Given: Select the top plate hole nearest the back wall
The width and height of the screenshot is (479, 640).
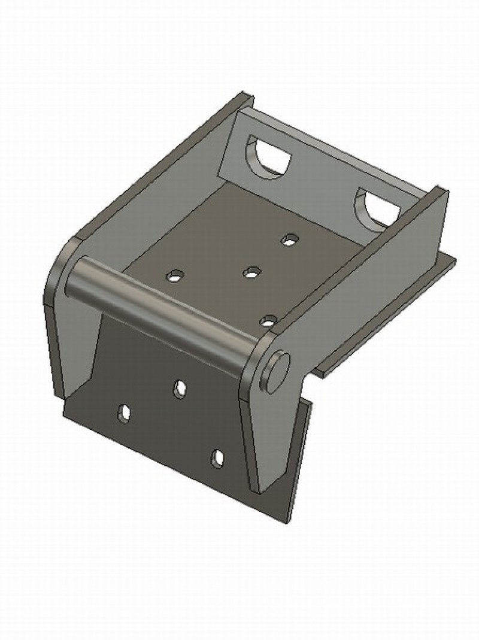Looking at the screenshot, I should (x=290, y=240).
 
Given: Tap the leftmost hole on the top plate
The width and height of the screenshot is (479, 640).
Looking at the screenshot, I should (x=175, y=276).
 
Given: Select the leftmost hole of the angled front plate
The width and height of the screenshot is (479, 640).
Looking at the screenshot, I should (x=125, y=414).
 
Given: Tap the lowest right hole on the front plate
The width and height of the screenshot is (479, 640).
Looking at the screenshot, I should (x=217, y=459).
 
